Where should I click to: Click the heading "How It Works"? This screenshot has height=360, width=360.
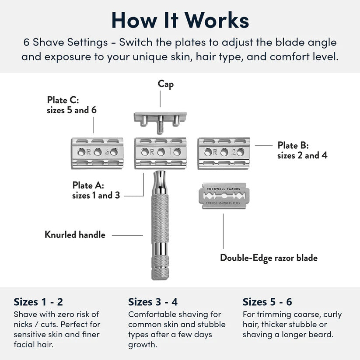click(180, 20)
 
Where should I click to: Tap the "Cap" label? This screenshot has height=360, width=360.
click(166, 84)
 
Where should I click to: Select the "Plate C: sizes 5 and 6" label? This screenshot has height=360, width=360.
click(72, 105)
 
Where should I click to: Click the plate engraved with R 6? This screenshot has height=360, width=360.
click(98, 153)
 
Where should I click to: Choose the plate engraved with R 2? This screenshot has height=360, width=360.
click(224, 153)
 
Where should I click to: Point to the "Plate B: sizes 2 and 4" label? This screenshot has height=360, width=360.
click(302, 150)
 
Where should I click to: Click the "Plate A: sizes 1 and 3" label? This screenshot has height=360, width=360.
click(96, 190)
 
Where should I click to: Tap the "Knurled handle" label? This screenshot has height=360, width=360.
click(75, 235)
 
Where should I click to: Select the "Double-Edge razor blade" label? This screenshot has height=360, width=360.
click(269, 258)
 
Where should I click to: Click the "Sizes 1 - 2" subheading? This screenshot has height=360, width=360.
click(38, 302)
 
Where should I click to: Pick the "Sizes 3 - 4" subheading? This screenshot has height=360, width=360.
click(153, 302)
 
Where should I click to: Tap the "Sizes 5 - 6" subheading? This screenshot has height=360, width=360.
click(267, 302)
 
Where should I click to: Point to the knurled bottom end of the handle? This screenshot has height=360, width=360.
click(160, 268)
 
